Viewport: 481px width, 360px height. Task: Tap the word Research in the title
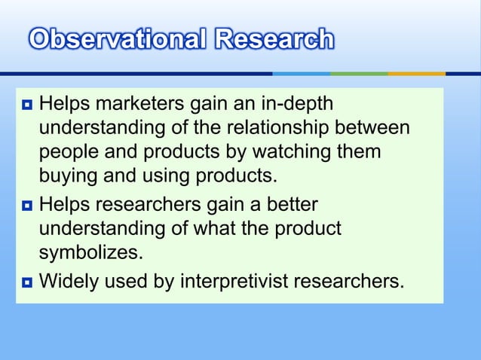coord(273,38)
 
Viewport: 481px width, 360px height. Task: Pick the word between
coord(379,128)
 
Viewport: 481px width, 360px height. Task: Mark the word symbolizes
coord(90,254)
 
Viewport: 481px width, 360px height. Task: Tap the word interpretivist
coord(234,282)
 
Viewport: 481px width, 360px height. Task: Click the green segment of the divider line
coord(358,74)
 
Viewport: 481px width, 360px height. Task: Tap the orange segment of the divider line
coord(416,74)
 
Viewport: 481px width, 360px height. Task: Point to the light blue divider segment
coord(301,74)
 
